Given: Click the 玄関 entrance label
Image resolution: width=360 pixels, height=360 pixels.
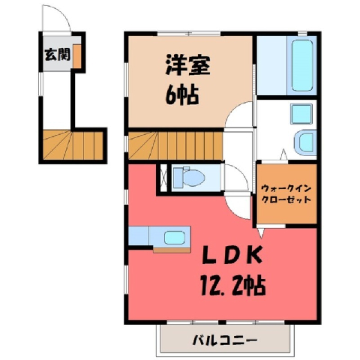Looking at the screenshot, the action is (58, 54).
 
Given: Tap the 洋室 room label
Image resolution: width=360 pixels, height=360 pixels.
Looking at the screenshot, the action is (187, 64).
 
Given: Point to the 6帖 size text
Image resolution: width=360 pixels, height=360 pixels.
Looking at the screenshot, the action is (182, 95).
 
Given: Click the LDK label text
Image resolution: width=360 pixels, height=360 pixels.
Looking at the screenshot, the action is (232, 255).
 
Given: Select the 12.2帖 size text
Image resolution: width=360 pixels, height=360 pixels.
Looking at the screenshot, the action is (233, 286).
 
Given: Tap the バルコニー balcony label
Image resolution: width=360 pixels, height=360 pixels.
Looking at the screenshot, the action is (225, 340).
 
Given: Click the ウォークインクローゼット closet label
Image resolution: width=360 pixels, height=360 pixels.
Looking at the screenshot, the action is (286, 193).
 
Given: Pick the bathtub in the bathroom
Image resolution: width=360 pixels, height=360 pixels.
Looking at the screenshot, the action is (302, 65).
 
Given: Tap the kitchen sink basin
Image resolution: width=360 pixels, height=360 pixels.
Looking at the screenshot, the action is (175, 237).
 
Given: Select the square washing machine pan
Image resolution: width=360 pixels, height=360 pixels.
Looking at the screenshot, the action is (301, 114).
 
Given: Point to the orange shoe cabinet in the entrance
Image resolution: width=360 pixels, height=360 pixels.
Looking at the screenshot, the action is (77, 56).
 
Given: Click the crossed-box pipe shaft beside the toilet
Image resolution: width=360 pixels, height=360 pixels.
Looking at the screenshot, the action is (163, 178).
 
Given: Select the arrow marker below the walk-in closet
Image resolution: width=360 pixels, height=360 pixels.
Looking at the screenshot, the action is (260, 232).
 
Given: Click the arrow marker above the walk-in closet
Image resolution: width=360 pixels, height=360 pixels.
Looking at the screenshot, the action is (283, 154).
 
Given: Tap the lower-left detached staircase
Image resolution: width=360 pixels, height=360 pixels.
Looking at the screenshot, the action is (73, 145).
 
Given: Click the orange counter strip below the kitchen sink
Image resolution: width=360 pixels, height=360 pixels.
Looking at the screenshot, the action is (172, 250).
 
